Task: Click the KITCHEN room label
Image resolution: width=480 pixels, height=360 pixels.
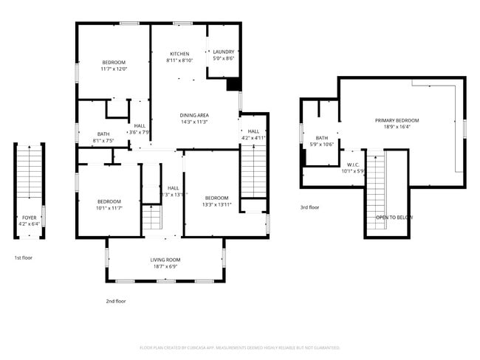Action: (179, 54)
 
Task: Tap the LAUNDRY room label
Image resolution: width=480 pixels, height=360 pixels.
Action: (223, 52)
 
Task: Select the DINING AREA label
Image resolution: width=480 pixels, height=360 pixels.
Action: (194, 115)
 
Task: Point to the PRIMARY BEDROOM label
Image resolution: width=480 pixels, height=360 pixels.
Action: (397, 120)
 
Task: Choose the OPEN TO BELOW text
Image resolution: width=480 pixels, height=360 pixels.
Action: (394, 218)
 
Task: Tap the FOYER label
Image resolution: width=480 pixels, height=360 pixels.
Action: (29, 218)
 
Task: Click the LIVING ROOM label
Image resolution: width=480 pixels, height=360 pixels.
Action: (165, 260)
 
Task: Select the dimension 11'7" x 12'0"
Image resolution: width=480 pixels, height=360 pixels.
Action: (114, 69)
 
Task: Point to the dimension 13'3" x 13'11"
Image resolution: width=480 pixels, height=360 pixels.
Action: (217, 204)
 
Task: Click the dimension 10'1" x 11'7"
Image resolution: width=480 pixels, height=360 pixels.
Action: (109, 208)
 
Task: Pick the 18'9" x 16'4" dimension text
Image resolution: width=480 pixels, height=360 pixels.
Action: (397, 127)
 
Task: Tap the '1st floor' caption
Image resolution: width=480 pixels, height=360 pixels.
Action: (23, 257)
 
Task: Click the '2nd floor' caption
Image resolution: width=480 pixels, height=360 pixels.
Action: (116, 301)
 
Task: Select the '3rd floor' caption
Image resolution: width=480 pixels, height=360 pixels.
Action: (309, 207)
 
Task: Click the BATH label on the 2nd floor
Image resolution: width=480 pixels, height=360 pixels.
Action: (103, 134)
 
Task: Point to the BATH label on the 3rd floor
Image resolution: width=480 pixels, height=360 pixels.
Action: (322, 138)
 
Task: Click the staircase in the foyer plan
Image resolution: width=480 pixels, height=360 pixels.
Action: (29, 177)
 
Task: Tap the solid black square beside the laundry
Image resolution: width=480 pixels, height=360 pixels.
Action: (233, 84)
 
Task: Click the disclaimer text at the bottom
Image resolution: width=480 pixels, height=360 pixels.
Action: (239, 347)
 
